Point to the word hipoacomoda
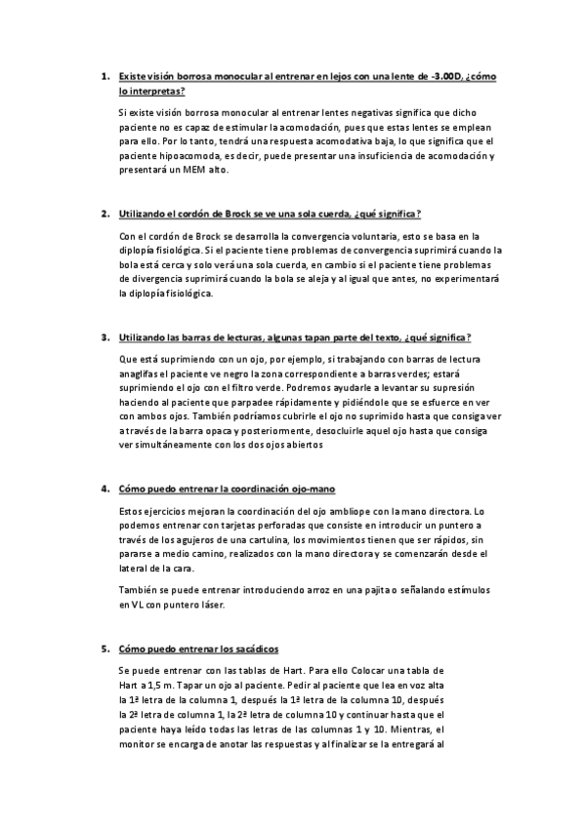pos(191,155)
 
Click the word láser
pos(210,605)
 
